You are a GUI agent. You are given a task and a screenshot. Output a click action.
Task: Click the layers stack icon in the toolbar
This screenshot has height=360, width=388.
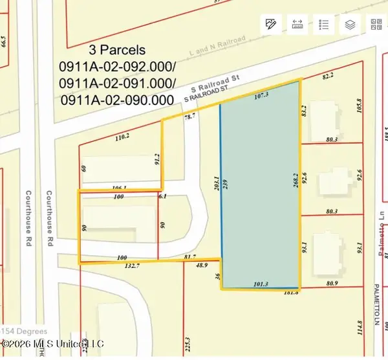point(350,25)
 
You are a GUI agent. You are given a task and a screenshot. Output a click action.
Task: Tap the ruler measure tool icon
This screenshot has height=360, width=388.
point(298,25)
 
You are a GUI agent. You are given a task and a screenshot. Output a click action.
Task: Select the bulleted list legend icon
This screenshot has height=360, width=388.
point(324,25)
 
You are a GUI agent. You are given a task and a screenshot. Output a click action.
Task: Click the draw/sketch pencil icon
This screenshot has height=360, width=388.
point(270,25)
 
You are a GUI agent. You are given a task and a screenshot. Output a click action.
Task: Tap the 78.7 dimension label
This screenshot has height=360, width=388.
point(189,117)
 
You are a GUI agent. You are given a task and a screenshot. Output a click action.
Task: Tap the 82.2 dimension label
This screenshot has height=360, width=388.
point(329,76)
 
